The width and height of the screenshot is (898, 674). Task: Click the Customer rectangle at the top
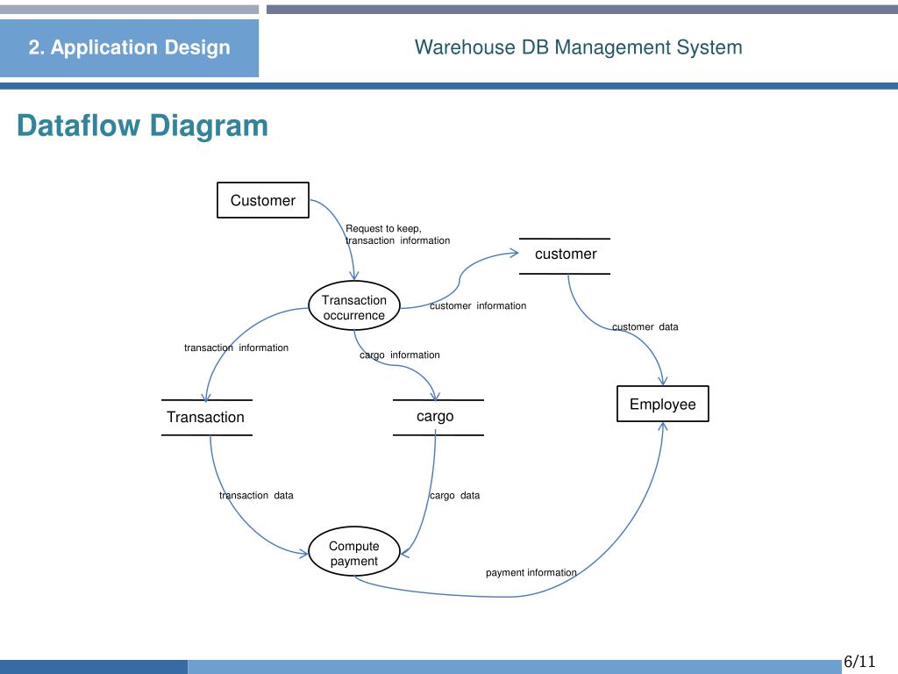263,200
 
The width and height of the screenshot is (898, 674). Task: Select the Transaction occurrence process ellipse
354,307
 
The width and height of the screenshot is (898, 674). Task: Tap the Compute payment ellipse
354,554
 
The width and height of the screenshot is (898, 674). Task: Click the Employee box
662,404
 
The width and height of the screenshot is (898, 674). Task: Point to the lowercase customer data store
566,255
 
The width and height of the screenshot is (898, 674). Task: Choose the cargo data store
436,417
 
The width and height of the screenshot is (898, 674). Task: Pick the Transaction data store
206,418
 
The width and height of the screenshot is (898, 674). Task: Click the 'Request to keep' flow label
383,228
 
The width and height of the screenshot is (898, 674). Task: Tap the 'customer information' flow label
478,306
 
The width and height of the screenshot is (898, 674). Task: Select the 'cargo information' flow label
400,355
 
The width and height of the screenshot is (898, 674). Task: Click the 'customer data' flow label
645,327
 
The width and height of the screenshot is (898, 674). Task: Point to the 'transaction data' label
256,496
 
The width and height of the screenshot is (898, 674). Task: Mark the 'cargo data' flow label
454,496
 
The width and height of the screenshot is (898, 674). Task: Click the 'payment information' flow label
531,573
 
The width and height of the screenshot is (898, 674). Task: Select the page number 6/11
859,661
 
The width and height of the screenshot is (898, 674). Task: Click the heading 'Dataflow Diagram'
142,126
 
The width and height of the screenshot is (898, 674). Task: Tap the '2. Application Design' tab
129,48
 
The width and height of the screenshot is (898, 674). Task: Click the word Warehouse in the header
465,47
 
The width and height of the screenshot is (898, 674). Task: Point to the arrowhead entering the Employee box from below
662,427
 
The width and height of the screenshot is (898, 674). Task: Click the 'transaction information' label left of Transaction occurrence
236,348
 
